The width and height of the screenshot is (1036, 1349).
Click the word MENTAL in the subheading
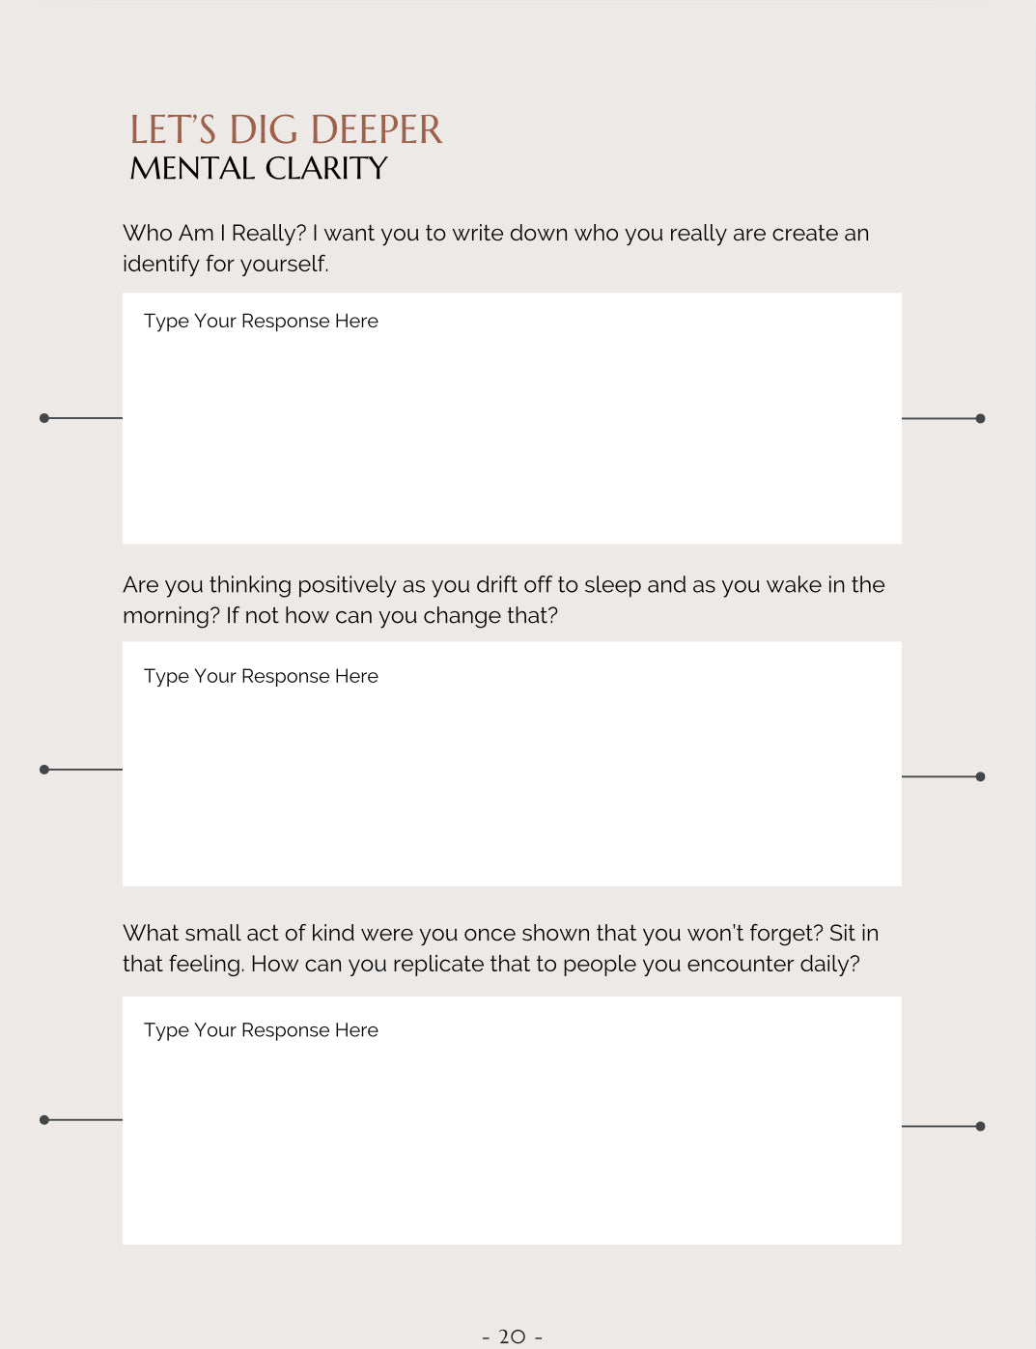pyautogui.click(x=192, y=169)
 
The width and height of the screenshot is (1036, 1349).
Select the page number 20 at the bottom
pyautogui.click(x=512, y=1336)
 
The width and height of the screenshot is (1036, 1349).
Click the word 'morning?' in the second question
pyautogui.click(x=171, y=616)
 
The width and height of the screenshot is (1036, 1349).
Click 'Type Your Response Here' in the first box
pyautogui.click(x=261, y=322)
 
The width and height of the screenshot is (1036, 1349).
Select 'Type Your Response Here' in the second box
pyautogui.click(x=261, y=677)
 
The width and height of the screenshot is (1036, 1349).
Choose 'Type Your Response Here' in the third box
pyautogui.click(x=261, y=1030)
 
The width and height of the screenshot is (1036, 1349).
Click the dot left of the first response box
pyautogui.click(x=44, y=418)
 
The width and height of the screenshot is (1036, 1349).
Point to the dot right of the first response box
pyautogui.click(x=980, y=419)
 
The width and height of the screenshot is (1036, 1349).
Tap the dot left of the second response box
pyautogui.click(x=44, y=770)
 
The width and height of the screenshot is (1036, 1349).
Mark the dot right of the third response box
pyautogui.click(x=980, y=1126)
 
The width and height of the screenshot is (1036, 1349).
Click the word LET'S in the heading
pyautogui.click(x=173, y=130)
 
